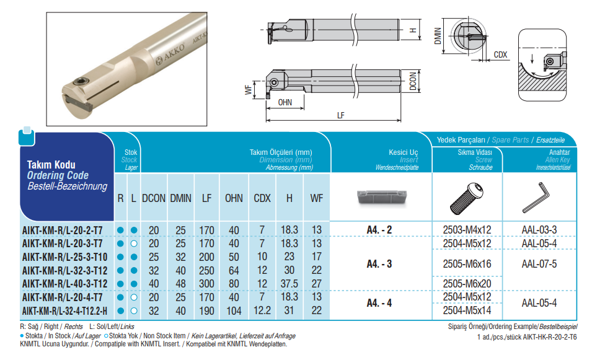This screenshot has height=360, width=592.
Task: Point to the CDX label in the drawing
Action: [501, 55]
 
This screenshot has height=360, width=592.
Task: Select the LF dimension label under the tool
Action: [341, 116]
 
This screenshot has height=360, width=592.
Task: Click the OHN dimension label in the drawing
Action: [285, 102]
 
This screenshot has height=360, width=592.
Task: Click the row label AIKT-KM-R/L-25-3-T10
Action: [64, 257]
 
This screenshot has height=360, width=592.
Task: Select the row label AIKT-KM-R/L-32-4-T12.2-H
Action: [64, 310]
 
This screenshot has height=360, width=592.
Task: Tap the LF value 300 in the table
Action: [206, 283]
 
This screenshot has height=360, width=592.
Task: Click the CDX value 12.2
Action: [262, 310]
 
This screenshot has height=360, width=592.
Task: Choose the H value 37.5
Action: [289, 283]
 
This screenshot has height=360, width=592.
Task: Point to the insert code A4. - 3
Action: [379, 263]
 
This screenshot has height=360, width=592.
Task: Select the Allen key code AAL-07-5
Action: [539, 263]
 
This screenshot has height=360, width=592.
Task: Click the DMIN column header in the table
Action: [180, 198]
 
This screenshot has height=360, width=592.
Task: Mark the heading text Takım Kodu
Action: [51, 165]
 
